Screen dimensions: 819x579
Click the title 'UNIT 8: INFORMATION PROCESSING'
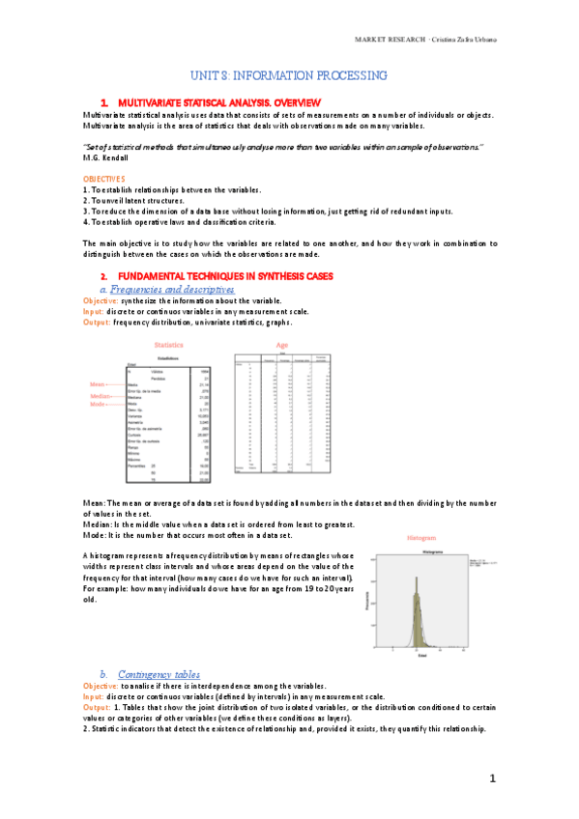[288, 75]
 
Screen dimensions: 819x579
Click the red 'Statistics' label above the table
[171, 345]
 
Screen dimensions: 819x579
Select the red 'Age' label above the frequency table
[281, 345]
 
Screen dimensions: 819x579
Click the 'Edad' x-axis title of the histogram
[422, 654]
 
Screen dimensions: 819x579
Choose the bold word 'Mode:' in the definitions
[96, 534]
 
